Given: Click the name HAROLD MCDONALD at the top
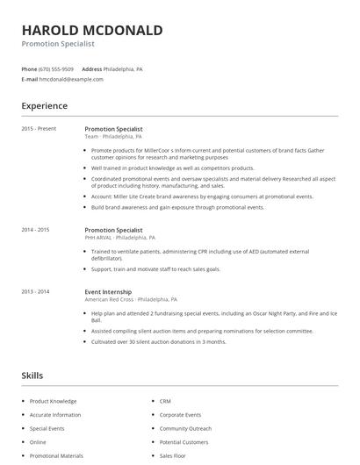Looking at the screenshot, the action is [x=92, y=30].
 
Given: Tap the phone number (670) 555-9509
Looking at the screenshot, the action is [x=57, y=68].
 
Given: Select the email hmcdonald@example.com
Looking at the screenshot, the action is [x=71, y=79].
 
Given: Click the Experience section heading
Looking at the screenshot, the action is [x=45, y=106].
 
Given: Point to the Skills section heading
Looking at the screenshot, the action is [x=32, y=376].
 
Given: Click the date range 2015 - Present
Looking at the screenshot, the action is [x=39, y=129].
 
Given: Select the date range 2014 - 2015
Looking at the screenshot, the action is [x=36, y=230].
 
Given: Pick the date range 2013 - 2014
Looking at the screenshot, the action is [x=36, y=291].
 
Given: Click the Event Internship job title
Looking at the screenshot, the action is [x=108, y=291].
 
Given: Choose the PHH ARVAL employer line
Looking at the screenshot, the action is [x=119, y=238].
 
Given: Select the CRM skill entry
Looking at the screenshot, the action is [x=165, y=401].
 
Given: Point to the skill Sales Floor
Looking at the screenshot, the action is [x=171, y=456].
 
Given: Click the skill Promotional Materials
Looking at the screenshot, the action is [x=56, y=456].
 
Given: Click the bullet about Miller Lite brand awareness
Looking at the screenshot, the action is [x=201, y=197].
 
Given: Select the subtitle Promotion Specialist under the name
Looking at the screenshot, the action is [x=58, y=44].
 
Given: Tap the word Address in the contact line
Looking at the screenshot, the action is [x=91, y=68].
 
